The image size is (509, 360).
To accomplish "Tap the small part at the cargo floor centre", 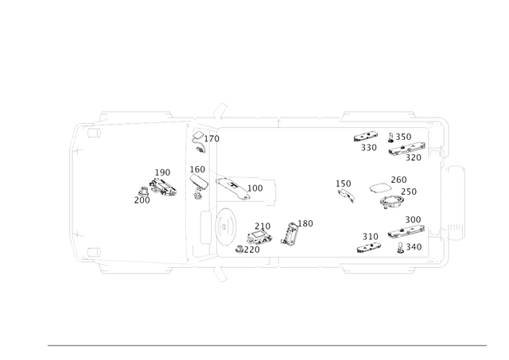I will click(347, 190).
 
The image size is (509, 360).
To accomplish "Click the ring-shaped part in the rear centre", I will click(390, 191).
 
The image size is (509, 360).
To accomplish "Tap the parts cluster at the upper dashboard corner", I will click(202, 138).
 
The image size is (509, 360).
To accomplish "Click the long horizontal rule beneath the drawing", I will click(266, 343).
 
